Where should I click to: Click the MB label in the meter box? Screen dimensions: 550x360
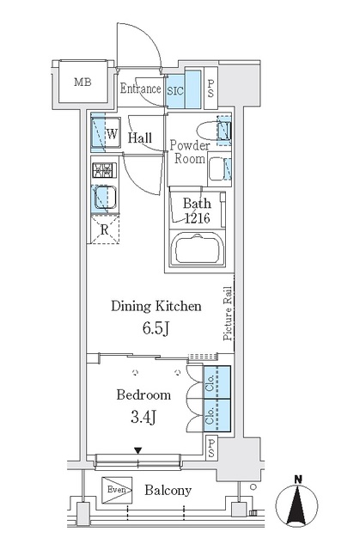(x=82, y=82)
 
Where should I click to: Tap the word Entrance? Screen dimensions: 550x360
(x=140, y=88)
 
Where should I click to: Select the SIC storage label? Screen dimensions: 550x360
(x=174, y=89)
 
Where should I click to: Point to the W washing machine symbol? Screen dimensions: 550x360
(x=113, y=134)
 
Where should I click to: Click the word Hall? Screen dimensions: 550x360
(x=141, y=137)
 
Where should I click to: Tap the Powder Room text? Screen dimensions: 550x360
(x=189, y=152)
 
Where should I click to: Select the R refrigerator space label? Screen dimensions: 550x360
(x=104, y=229)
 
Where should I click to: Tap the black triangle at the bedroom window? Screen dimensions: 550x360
(x=137, y=449)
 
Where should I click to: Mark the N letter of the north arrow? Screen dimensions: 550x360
(x=296, y=479)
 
